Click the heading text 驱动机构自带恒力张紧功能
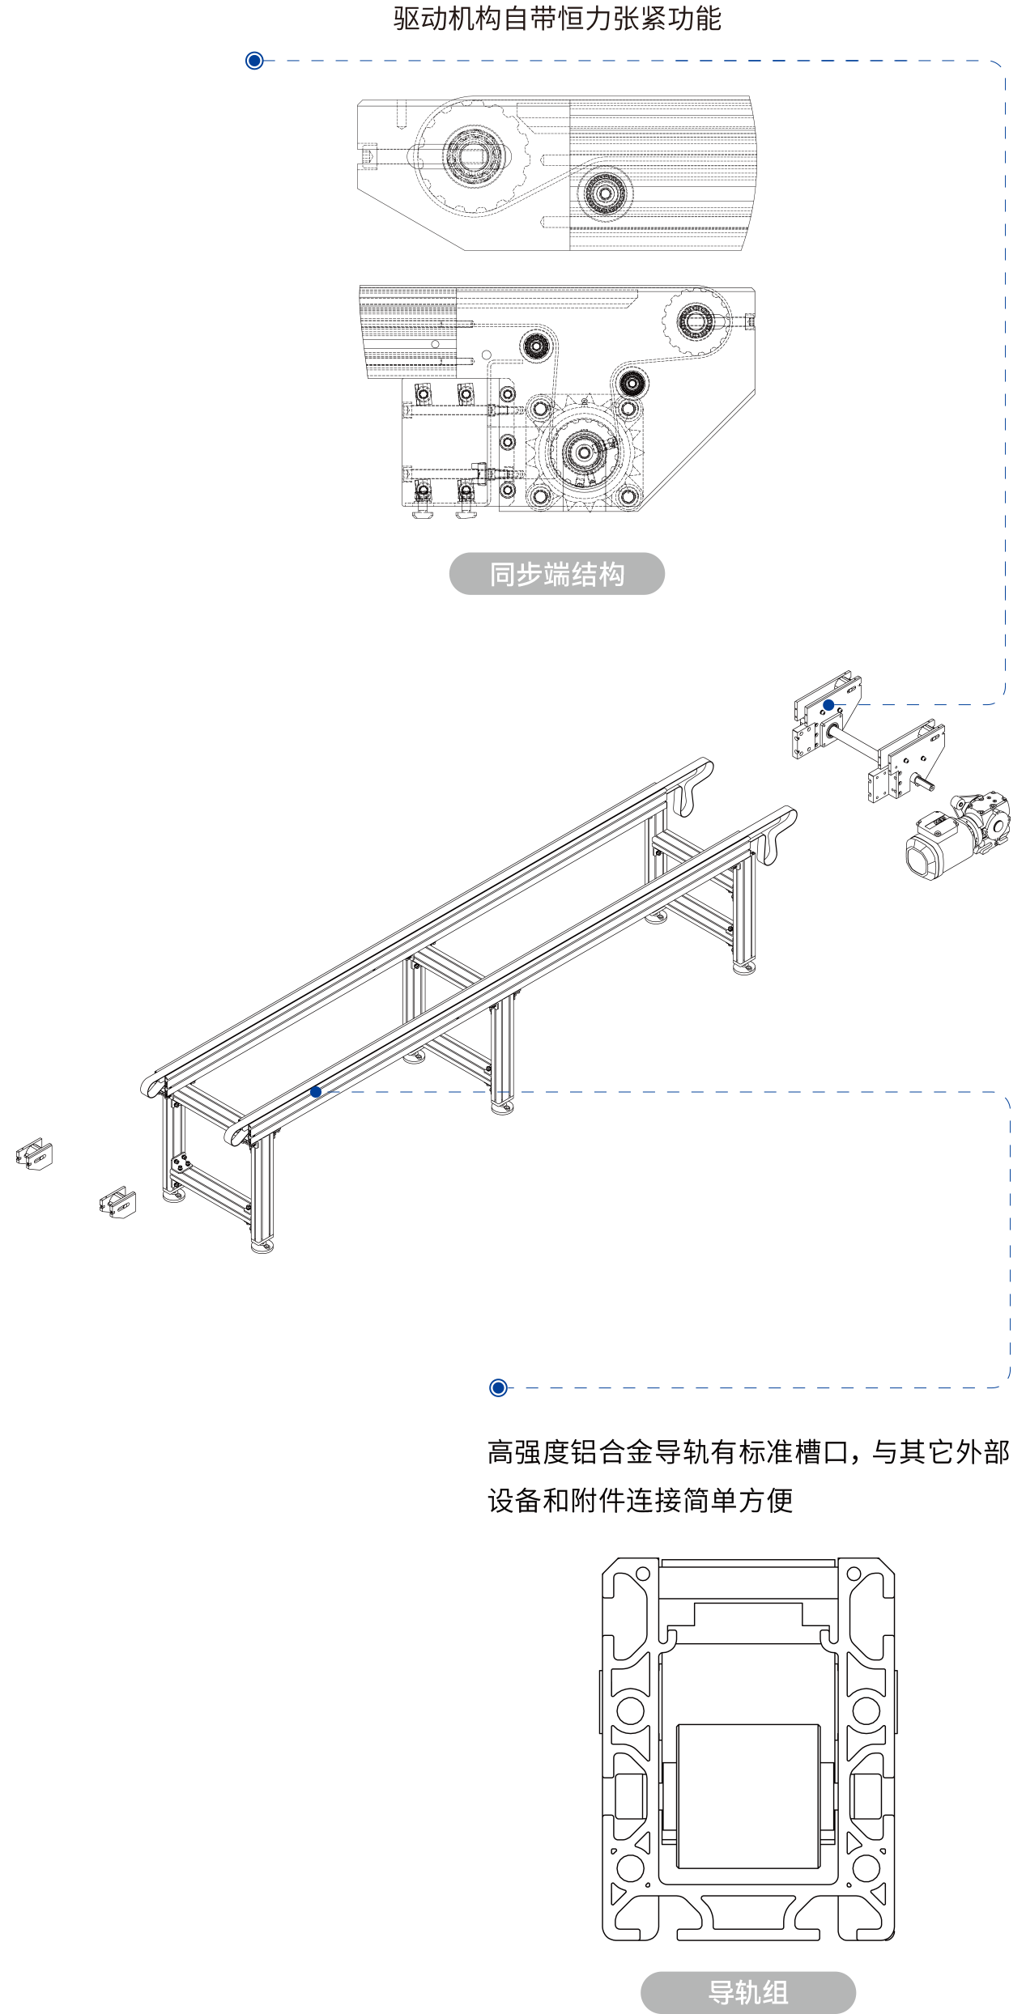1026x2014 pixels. click(557, 19)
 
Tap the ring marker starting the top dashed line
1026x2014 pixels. click(254, 61)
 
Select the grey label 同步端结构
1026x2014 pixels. click(557, 574)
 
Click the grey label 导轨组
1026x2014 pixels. click(748, 1992)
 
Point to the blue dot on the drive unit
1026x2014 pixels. click(828, 705)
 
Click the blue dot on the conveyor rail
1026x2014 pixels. click(316, 1092)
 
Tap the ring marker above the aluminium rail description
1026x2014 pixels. click(499, 1387)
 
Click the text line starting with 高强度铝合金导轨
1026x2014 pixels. click(748, 1452)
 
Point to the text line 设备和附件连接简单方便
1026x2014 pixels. click(641, 1500)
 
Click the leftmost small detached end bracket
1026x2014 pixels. click(34, 1154)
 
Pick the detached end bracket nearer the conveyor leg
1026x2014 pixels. click(117, 1202)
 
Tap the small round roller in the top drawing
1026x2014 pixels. click(604, 193)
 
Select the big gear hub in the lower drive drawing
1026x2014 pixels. click(582, 451)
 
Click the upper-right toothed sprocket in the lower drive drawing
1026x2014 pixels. click(696, 323)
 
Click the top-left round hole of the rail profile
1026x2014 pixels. click(642, 1574)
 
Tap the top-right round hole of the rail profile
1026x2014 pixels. click(854, 1574)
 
